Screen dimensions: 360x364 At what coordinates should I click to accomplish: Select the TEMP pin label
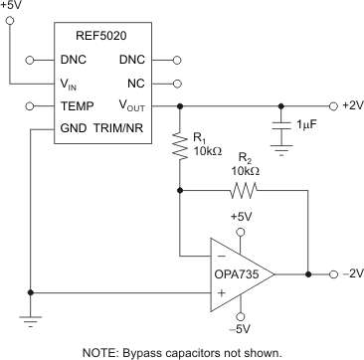[77, 105]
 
